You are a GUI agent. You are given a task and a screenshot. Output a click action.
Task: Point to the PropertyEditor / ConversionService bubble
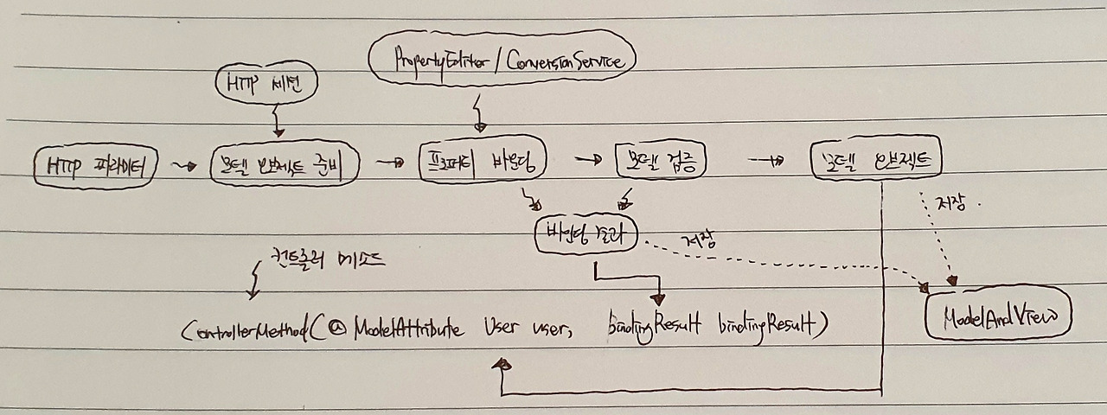pos(502,61)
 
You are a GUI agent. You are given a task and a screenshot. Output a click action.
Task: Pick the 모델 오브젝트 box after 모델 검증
pos(875,161)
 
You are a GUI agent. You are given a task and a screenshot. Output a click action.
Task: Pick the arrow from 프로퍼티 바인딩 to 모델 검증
pos(587,160)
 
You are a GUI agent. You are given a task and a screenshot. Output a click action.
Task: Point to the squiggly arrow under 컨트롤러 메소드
pos(253,281)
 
